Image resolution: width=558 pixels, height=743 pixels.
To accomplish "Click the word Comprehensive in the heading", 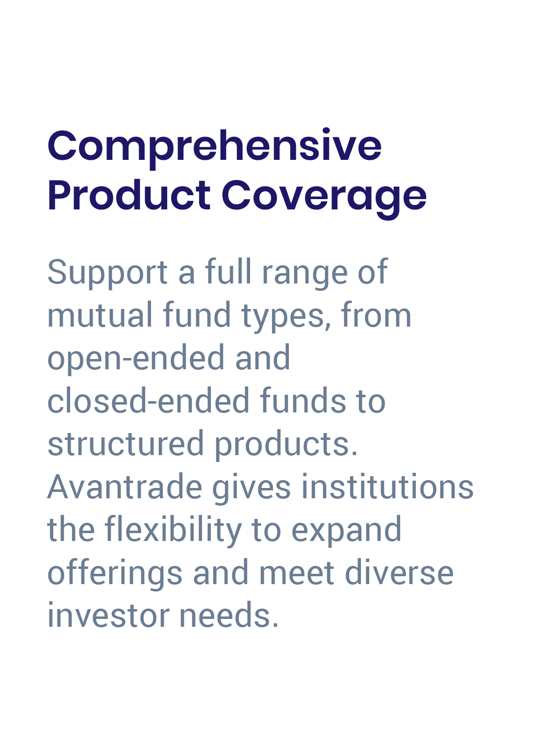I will (x=214, y=146).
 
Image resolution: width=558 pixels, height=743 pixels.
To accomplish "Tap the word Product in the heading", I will (x=129, y=196).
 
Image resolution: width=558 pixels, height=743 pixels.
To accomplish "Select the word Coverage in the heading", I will (x=324, y=196).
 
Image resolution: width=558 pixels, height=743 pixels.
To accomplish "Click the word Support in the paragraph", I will (x=107, y=272).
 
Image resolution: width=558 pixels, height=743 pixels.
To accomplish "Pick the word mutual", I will (x=100, y=315).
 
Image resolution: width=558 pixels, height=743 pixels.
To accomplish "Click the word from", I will (x=376, y=315).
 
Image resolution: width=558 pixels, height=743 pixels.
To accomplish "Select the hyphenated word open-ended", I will (x=136, y=359).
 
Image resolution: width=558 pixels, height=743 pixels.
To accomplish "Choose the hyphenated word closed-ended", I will (x=149, y=401).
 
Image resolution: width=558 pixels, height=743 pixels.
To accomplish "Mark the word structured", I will (x=126, y=444).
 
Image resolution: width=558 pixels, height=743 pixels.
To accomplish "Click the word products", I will (x=286, y=444).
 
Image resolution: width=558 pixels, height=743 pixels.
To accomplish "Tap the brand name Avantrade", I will (x=125, y=487).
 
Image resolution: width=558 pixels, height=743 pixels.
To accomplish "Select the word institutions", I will (x=387, y=487).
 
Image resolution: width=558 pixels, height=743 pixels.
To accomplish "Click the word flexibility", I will (x=173, y=530).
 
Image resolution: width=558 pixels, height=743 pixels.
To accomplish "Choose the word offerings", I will (x=115, y=573).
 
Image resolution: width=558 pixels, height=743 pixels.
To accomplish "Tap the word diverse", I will (x=399, y=573).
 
